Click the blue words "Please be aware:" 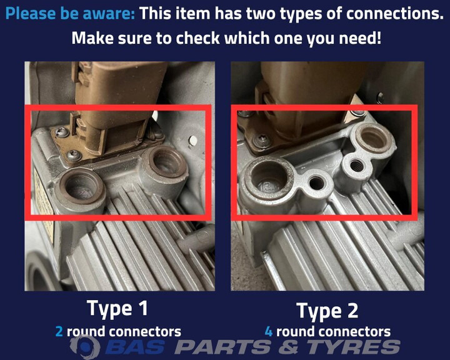70,14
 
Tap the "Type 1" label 117,308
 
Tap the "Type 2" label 327,311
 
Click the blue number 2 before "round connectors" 59,332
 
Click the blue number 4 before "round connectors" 269,332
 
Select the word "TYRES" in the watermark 354,347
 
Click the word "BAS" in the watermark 135,347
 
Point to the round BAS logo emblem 86,347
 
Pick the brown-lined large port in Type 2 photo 374,137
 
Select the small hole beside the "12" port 317,183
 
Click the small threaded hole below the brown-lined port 355,166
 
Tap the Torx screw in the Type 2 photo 262,140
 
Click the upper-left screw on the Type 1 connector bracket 61,132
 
